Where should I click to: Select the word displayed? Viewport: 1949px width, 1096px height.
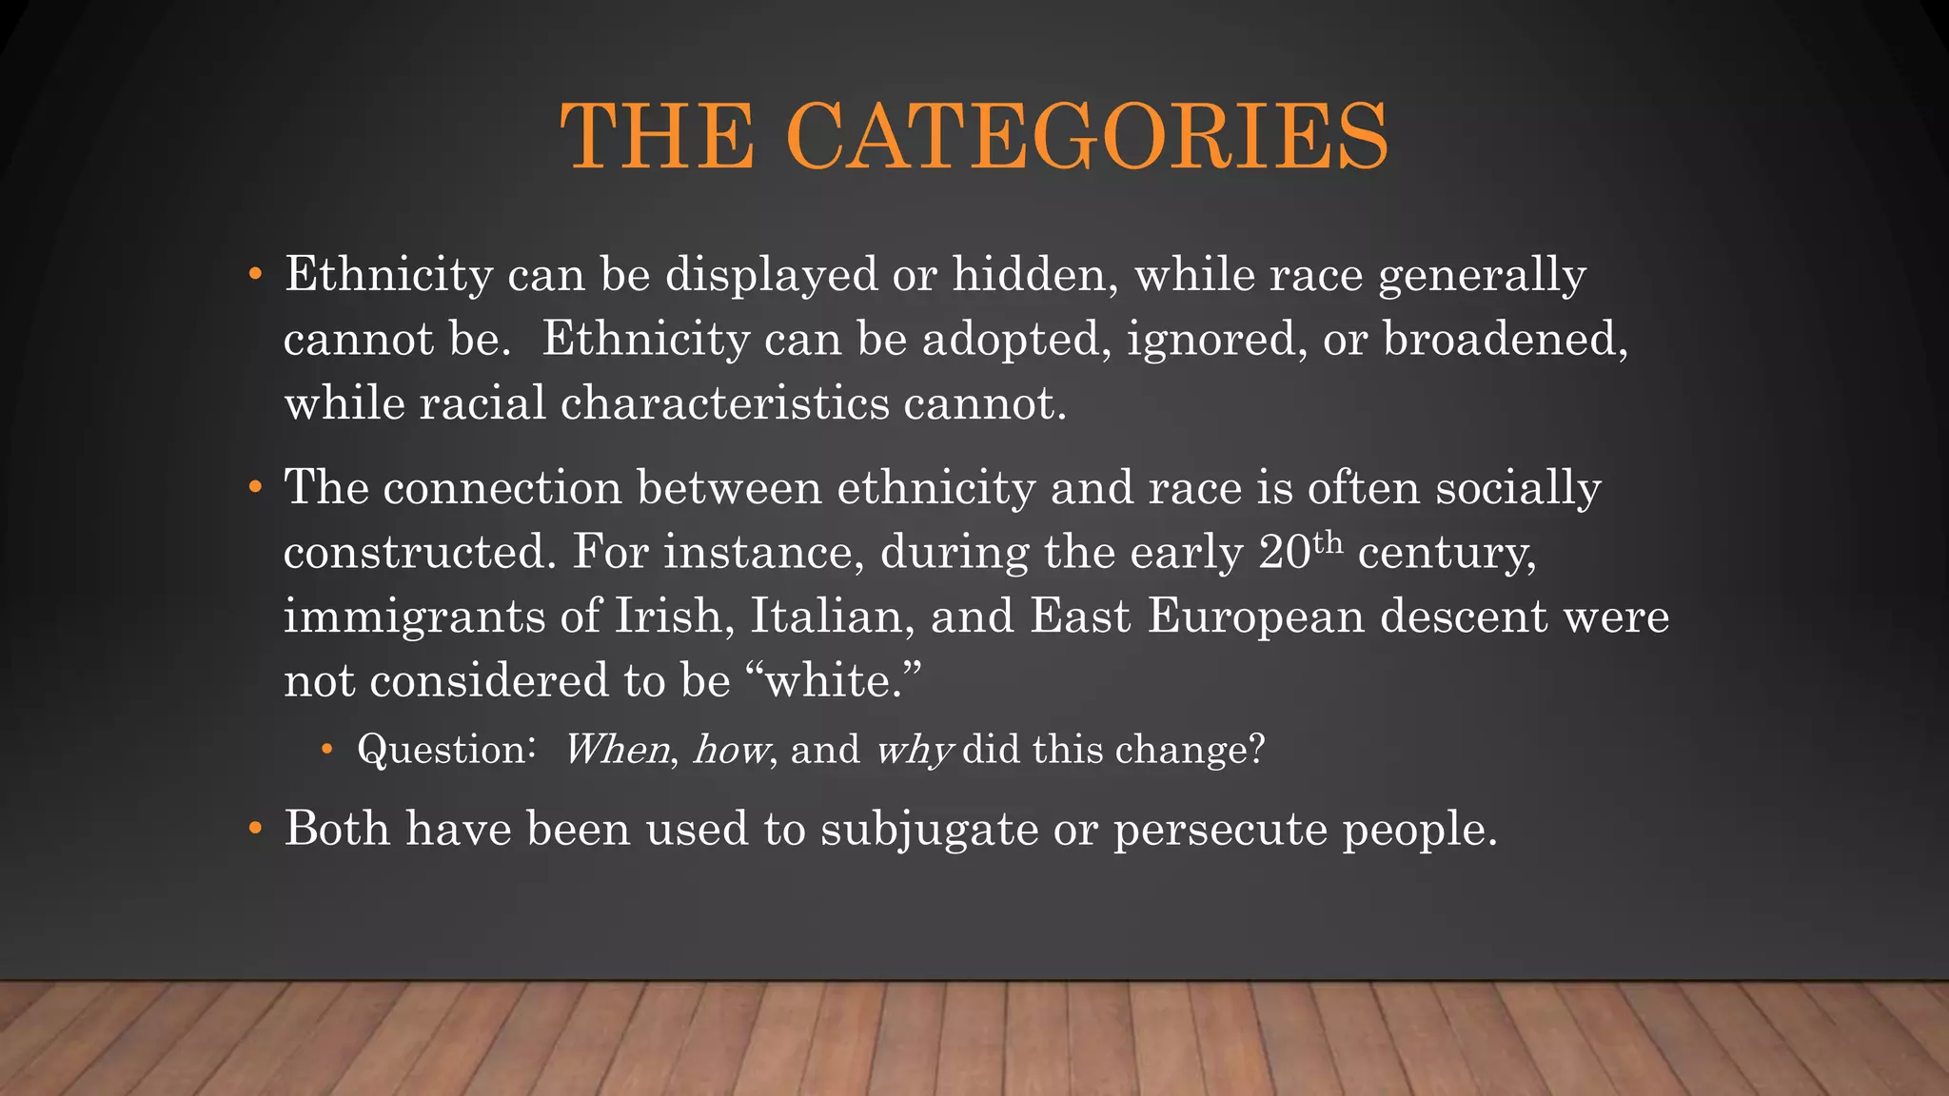point(771,274)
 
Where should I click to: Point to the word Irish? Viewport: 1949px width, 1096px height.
point(674,616)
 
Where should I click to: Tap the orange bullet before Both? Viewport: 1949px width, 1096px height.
point(254,829)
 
